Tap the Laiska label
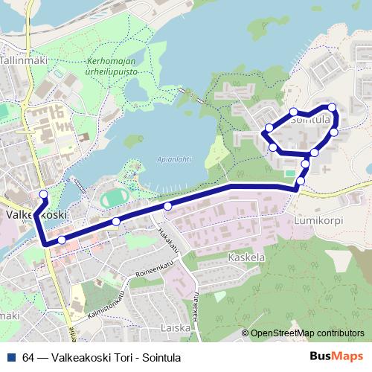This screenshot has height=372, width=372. tap(176, 327)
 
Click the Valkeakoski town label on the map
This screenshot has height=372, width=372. tap(33, 214)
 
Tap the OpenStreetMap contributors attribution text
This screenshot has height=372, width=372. tap(309, 334)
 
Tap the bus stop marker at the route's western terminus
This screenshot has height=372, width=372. tap(42, 194)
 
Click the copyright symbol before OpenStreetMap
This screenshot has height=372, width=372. tap(246, 334)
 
